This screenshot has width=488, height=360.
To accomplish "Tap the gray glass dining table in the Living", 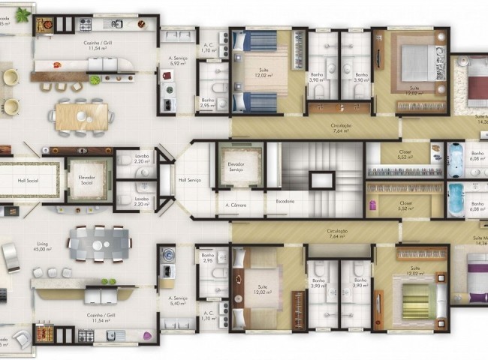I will (99, 243).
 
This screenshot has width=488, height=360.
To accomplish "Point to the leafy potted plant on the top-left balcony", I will (23, 14).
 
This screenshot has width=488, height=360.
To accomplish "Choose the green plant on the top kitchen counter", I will (96, 79).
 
